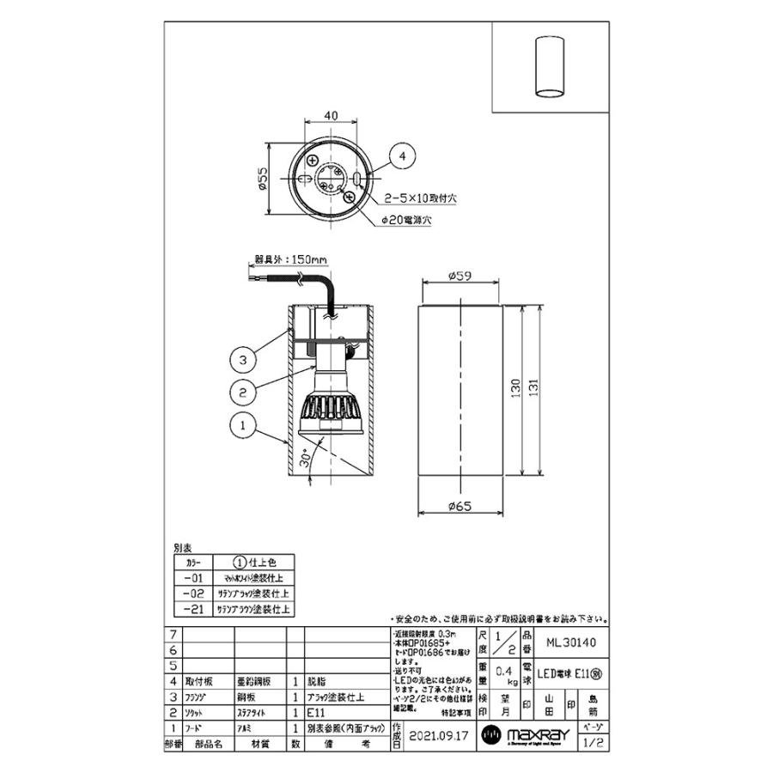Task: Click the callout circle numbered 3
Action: coord(245,359)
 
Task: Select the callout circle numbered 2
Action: coord(245,392)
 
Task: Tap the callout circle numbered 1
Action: coord(245,423)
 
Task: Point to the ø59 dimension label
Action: coord(461,276)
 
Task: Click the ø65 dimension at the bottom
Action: coord(461,508)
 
